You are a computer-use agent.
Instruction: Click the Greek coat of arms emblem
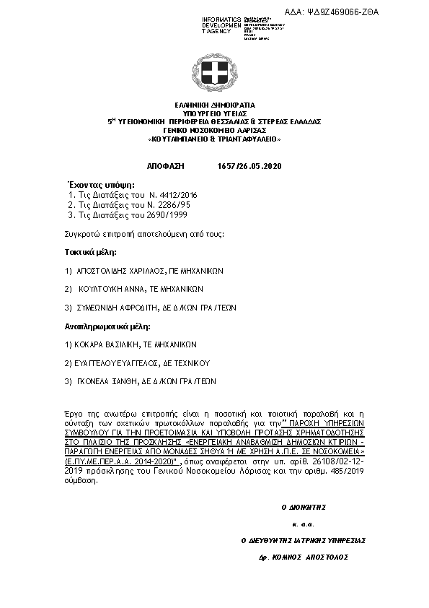(x=214, y=71)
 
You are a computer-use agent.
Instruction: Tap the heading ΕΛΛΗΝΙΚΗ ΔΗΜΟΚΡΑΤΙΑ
(x=214, y=105)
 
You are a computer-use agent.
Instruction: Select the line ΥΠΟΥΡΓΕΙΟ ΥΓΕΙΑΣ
(x=214, y=113)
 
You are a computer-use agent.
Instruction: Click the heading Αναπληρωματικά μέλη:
(x=103, y=327)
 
